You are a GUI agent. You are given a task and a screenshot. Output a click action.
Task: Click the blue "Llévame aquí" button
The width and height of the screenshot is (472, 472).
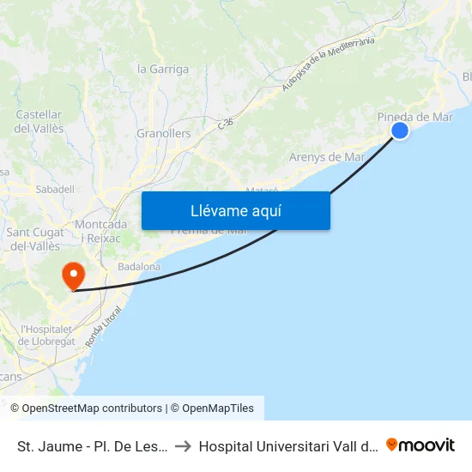235,210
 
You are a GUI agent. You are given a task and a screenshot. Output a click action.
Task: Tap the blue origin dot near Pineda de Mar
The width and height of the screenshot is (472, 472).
400,130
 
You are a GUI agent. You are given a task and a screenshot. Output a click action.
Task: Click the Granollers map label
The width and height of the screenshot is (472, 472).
163,134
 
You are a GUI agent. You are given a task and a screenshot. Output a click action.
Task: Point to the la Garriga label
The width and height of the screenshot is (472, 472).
163,69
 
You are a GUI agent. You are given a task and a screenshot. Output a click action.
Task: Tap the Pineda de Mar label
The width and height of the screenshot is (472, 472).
415,117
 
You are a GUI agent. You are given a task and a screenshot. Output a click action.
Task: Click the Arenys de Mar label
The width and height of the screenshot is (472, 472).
327,157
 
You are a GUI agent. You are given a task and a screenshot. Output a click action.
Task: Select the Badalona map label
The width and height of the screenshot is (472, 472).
139,267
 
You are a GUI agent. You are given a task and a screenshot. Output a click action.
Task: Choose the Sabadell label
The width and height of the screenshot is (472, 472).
55,189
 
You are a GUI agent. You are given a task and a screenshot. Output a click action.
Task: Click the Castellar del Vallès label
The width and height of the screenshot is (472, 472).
39,121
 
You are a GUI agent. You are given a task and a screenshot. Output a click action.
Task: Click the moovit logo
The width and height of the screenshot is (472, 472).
421,445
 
